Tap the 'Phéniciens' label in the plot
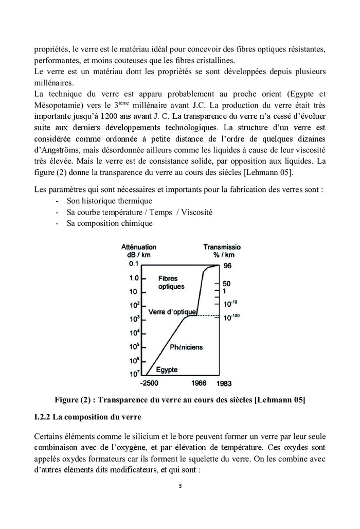(186, 347)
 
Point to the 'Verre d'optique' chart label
(172, 312)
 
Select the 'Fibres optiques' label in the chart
(171, 282)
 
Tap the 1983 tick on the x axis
(227, 383)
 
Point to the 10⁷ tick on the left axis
(134, 373)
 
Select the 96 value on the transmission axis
(227, 266)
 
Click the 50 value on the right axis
(227, 284)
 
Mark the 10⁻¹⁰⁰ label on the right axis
(231, 317)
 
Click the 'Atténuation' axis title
(138, 247)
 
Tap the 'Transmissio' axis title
(222, 247)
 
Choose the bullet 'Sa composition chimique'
(109, 224)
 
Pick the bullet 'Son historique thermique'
(109, 201)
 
